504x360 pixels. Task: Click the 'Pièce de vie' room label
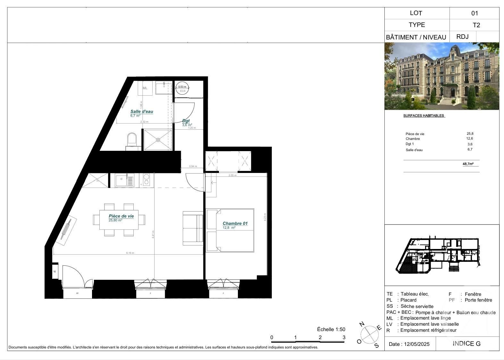121,216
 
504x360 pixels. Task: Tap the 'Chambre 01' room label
235,223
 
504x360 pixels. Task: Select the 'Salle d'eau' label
141,111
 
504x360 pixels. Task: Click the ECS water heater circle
182,89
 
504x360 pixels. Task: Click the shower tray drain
158,140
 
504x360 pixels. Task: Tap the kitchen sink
125,181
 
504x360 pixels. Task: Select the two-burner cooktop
147,180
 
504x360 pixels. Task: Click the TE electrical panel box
55,271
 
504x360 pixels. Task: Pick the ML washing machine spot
145,88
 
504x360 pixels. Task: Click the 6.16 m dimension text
130,253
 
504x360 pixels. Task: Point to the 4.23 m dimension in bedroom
265,217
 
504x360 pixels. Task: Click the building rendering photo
442,76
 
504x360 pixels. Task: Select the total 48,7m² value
468,164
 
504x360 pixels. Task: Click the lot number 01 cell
475,13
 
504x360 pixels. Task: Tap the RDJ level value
462,37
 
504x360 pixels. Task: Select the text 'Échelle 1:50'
331,329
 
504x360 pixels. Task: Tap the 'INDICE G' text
466,344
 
